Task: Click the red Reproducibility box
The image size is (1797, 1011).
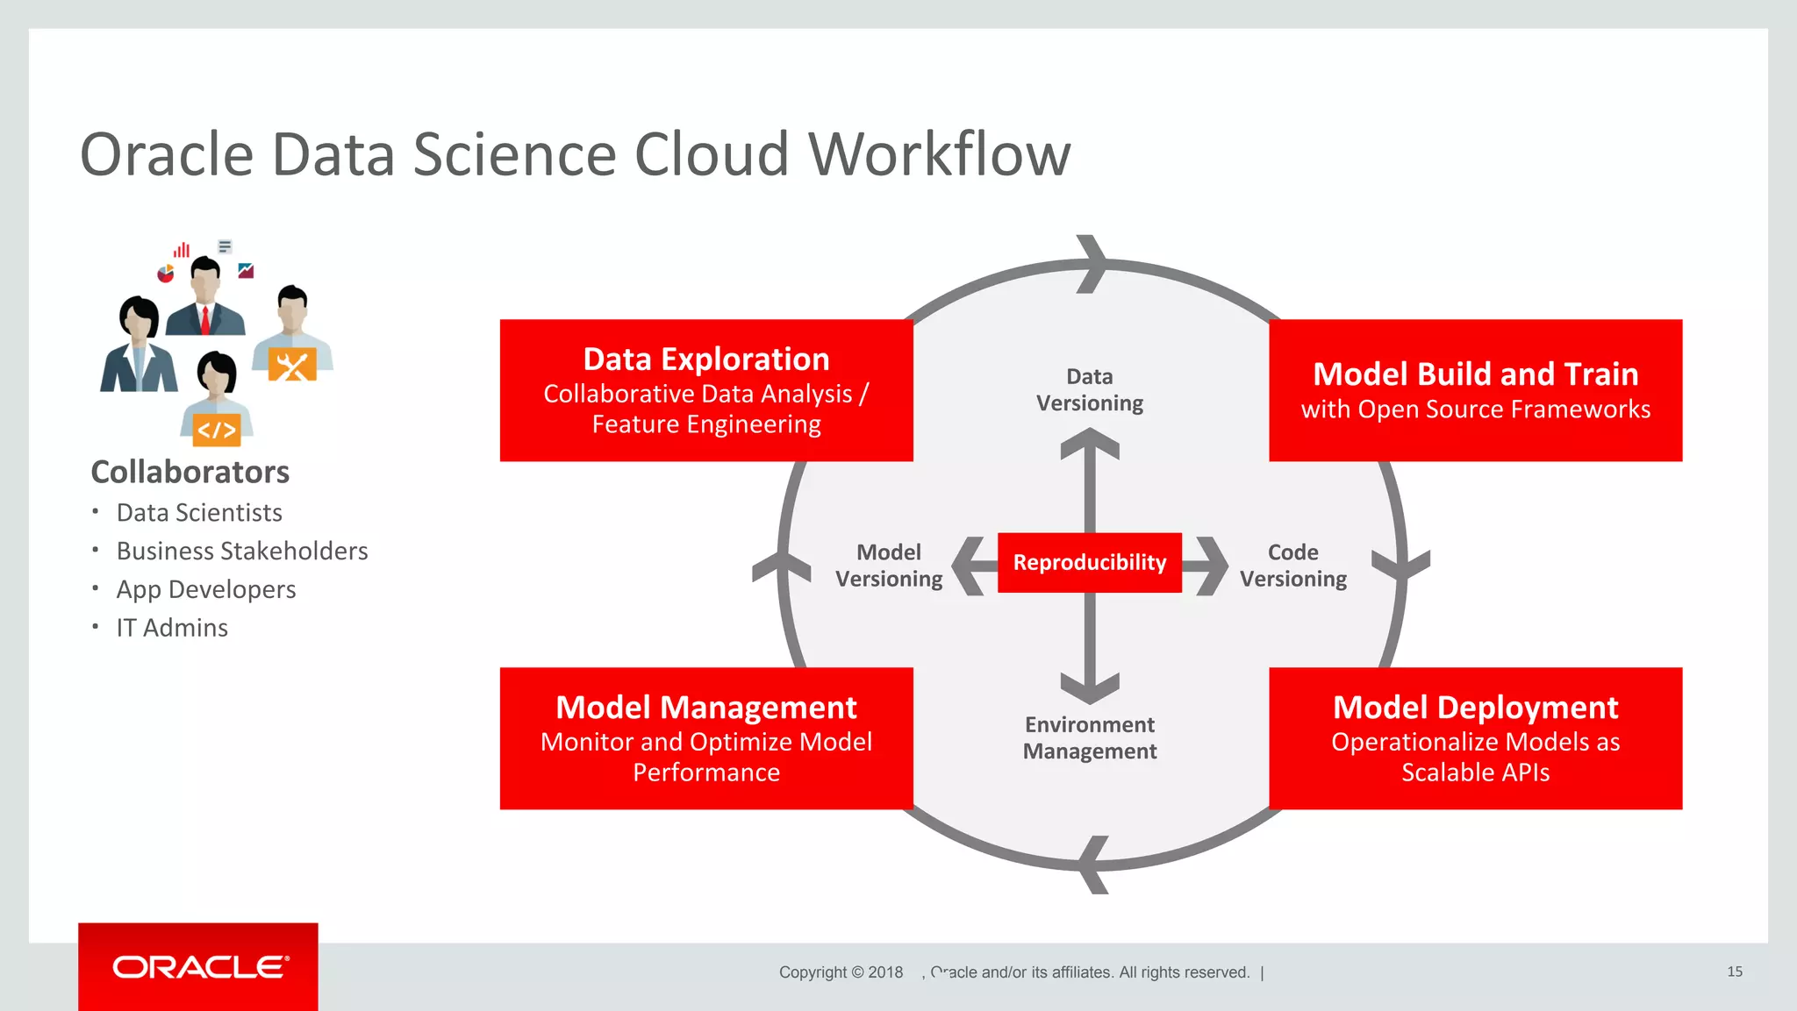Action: (1089, 562)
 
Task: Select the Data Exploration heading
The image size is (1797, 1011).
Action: (706, 360)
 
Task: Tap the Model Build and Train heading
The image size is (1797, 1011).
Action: (1475, 374)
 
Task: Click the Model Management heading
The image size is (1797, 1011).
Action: (706, 708)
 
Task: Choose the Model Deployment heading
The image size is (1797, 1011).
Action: (1475, 708)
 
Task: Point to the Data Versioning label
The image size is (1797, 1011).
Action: (1089, 390)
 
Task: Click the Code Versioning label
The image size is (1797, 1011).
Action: (1292, 566)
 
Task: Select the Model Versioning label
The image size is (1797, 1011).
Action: (888, 566)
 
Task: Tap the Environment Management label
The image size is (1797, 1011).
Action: (1089, 738)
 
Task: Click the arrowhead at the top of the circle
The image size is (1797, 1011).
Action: (1092, 263)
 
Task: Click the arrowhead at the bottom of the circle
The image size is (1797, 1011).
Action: (1092, 865)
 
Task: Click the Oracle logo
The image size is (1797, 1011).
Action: (199, 967)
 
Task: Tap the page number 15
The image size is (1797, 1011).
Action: (1734, 972)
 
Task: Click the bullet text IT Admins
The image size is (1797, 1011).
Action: (172, 628)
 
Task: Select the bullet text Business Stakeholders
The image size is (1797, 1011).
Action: (242, 551)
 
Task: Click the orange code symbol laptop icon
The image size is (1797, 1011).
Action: (216, 430)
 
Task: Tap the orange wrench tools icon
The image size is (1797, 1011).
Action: (291, 366)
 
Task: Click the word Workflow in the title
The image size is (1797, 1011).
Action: (939, 154)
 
